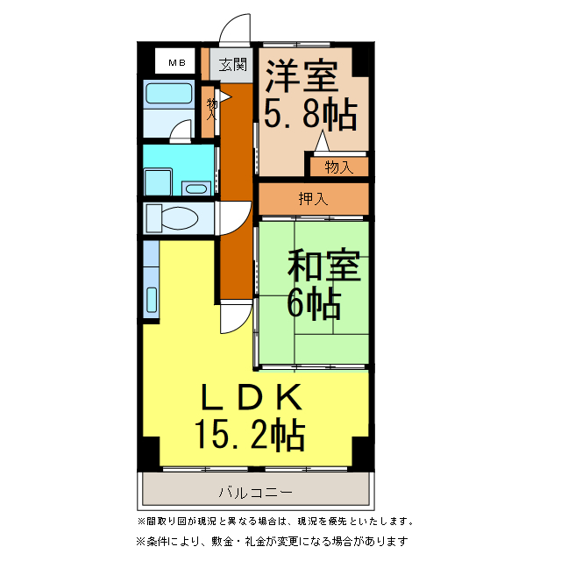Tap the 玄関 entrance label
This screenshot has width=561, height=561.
[232, 64]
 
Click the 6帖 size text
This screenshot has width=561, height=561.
[313, 302]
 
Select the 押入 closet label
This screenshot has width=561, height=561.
[313, 198]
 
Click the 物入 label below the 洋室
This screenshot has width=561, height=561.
[337, 167]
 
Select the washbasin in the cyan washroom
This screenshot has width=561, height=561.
[196, 188]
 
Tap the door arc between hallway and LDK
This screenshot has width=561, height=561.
[230, 320]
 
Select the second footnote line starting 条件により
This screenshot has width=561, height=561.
[273, 541]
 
